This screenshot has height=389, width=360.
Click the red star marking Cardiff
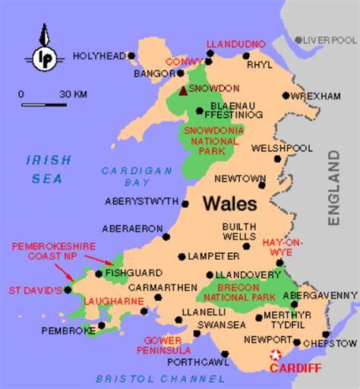pyautogui.click(x=276, y=356)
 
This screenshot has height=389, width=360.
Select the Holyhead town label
pyautogui.click(x=99, y=55)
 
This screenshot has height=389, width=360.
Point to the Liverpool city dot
pyautogui.click(x=298, y=40)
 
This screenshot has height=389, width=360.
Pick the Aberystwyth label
pyautogui.click(x=142, y=203)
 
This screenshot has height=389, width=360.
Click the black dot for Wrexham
pyautogui.click(x=286, y=96)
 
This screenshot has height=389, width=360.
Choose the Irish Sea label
pyautogui.click(x=47, y=169)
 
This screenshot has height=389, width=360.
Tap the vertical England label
pyautogui.click(x=333, y=188)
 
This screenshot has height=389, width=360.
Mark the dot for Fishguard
pyautogui.click(x=99, y=273)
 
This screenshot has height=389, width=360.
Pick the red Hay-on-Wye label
pyautogui.click(x=283, y=246)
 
